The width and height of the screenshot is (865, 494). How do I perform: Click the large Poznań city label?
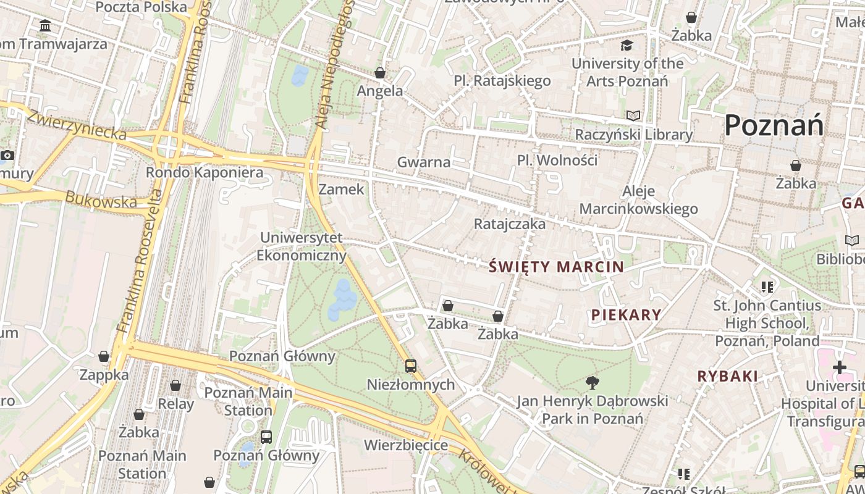[774, 126]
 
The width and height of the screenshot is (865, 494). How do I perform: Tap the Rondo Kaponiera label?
[204, 172]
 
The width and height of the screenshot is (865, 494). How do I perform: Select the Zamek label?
[342, 189]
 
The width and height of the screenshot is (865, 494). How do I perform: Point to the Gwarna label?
[424, 162]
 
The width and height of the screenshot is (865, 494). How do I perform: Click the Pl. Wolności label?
[557, 160]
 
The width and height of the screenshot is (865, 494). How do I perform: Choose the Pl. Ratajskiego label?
[502, 81]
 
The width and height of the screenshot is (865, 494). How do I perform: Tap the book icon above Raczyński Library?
[633, 115]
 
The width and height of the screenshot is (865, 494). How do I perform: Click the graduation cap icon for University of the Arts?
[627, 45]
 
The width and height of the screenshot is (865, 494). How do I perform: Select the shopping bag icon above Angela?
[380, 73]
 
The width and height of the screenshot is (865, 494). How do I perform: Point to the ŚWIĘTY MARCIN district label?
[556, 267]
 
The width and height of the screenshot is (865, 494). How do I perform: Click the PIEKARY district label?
[626, 315]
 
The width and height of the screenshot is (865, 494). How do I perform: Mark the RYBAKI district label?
[727, 376]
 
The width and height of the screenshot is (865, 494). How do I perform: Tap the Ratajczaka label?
[510, 224]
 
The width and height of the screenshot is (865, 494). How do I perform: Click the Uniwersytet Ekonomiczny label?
[302, 246]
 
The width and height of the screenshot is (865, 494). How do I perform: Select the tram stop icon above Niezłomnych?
[411, 366]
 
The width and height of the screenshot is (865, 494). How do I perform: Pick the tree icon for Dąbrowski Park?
[592, 382]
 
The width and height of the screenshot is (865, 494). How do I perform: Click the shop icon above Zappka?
[104, 357]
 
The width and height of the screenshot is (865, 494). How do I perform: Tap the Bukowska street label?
[101, 200]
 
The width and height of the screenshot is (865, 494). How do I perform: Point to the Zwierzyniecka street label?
[77, 125]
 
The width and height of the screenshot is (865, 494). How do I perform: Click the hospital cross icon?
[839, 368]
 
